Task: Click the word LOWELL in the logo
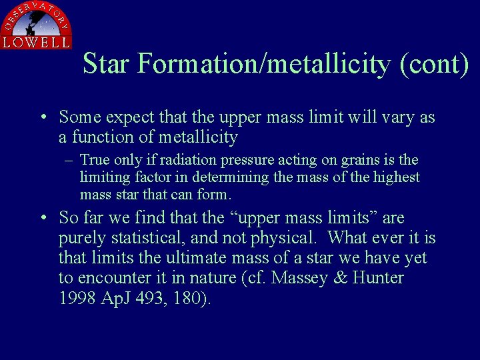[36, 42]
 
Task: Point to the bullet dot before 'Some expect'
[43, 118]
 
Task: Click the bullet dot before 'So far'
[43, 218]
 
